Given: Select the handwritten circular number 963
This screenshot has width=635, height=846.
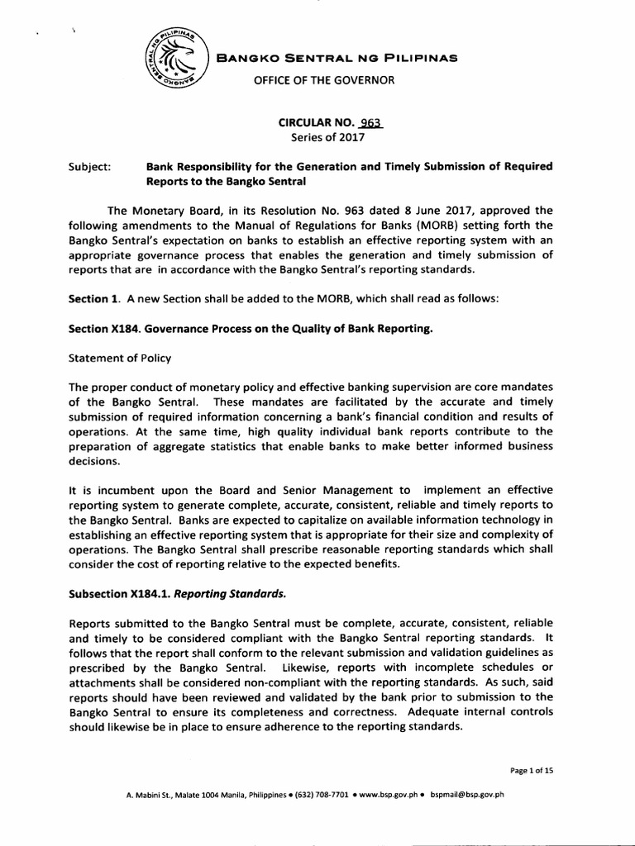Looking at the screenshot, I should pyautogui.click(x=370, y=123).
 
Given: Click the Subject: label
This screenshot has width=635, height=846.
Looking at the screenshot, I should pyautogui.click(x=90, y=167).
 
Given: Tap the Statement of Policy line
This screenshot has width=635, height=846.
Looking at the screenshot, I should pyautogui.click(x=122, y=359).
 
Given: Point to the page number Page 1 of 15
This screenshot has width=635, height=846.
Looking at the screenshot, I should pyautogui.click(x=531, y=770).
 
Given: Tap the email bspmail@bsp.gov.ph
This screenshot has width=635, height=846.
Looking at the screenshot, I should pyautogui.click(x=467, y=796).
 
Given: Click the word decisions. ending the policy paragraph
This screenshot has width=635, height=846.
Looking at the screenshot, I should pyautogui.click(x=94, y=461).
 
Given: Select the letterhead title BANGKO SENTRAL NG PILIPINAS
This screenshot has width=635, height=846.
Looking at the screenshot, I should pyautogui.click(x=336, y=58).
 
